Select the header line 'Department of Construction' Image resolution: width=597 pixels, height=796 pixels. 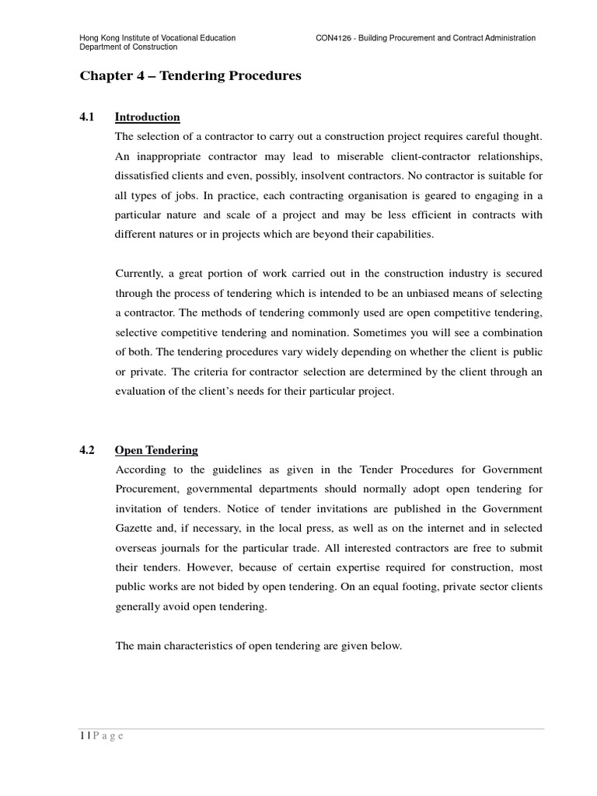[128, 47]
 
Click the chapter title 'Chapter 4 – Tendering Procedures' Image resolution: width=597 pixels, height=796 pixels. [190, 76]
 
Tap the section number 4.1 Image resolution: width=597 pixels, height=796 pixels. [86, 117]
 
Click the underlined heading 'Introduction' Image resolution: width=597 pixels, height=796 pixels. [147, 117]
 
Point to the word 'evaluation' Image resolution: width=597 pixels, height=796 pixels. [141, 391]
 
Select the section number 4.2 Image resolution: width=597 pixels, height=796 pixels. [86, 450]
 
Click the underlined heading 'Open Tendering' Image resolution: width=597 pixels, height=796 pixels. [156, 450]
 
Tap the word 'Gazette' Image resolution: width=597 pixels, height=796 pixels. [135, 529]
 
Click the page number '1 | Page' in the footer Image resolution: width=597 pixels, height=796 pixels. [101, 737]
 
